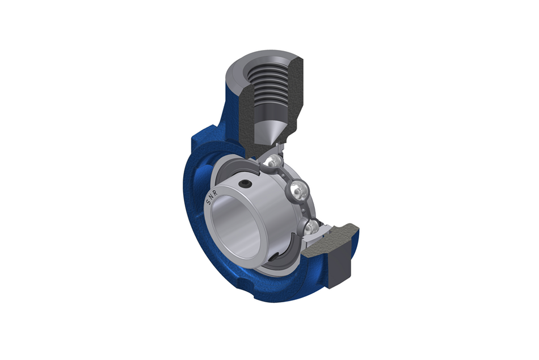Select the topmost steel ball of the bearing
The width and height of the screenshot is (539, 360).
[x=272, y=162]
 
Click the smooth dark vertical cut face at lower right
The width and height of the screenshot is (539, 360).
[x=342, y=256]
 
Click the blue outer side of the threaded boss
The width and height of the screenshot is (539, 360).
[x=227, y=108]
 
